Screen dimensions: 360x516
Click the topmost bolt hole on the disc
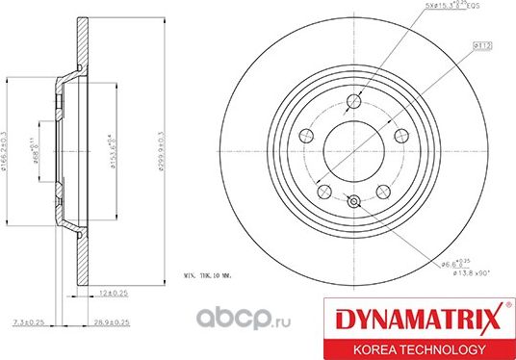click(x=354, y=100)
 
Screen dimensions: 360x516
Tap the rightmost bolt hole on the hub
click(x=397, y=133)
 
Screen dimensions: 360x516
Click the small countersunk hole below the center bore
click(x=353, y=200)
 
